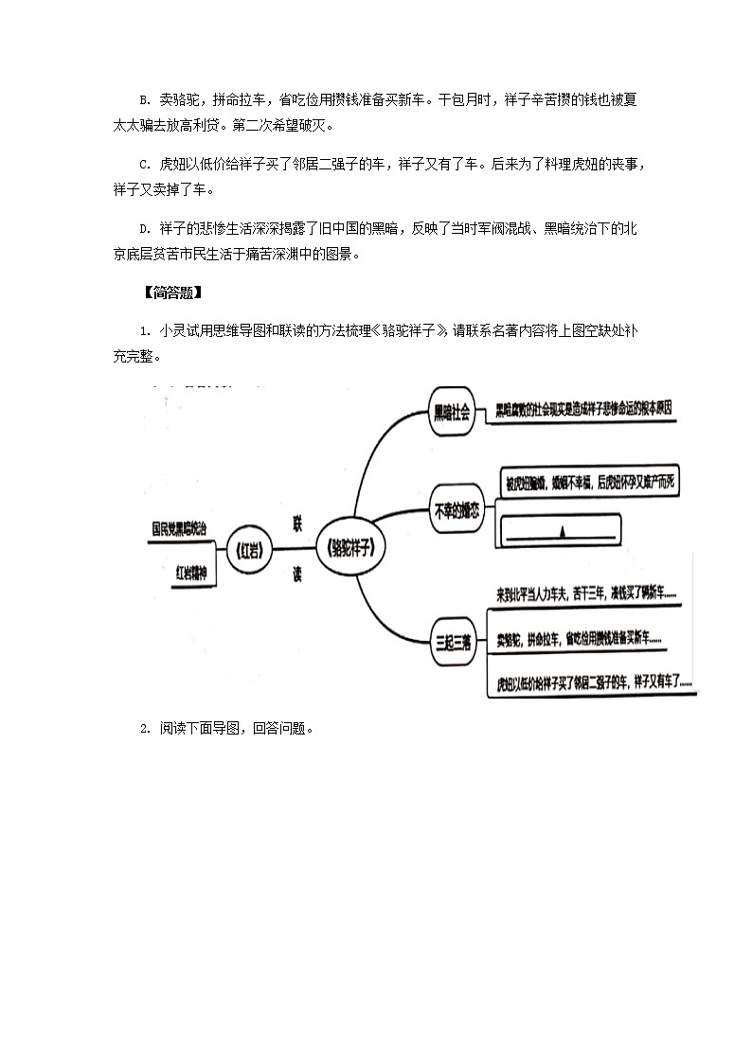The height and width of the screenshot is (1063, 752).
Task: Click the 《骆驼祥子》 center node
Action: coord(357,549)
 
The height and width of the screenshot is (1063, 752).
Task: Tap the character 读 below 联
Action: coord(297,574)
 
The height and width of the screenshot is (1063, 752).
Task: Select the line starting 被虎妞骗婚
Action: coord(589,483)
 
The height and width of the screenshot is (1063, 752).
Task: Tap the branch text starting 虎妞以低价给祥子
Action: coord(594,682)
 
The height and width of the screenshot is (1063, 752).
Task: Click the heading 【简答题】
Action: coord(170,292)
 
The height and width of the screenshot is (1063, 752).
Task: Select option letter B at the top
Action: coord(143,100)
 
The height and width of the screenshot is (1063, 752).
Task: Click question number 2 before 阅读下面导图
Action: coord(143,729)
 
